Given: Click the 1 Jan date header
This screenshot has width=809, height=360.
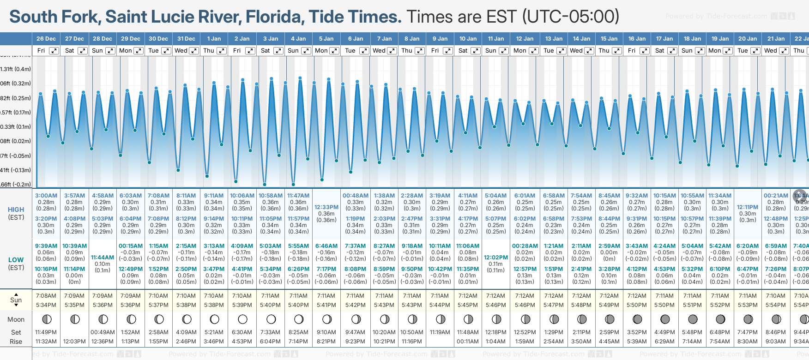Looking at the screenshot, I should tap(214, 39).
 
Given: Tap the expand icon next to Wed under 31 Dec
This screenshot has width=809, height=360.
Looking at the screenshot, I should tap(194, 51).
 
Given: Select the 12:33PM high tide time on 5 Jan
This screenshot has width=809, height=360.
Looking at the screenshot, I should tap(326, 207).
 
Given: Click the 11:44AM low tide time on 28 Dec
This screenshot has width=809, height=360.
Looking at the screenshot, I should tap(103, 258).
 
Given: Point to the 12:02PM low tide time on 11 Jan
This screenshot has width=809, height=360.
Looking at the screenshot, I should tap(496, 258).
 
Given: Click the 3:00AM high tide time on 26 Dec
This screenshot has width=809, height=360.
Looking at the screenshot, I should tap(46, 196).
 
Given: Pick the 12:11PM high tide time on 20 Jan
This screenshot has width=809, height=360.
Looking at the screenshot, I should tap(748, 207).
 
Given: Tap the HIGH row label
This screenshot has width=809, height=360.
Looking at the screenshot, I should tap(16, 210).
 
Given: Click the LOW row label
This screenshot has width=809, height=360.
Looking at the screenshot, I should tap(16, 260).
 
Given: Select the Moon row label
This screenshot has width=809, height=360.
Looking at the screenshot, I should tap(16, 319).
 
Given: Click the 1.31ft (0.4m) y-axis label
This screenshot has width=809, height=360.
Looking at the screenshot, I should tap(16, 69).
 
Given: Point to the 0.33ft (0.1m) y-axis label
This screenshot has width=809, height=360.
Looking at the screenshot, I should tap(16, 127).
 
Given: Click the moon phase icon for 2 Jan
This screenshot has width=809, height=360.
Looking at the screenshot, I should tap(242, 319).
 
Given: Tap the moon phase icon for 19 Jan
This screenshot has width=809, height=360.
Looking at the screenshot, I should tap(720, 319).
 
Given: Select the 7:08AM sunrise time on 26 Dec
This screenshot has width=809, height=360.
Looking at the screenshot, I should tap(46, 296).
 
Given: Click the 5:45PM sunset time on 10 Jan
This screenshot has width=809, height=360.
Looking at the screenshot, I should tap(468, 305).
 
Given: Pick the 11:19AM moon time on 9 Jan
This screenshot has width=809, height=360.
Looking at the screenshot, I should tap(440, 332).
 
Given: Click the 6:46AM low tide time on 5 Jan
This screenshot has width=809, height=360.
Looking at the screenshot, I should tap(326, 246).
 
